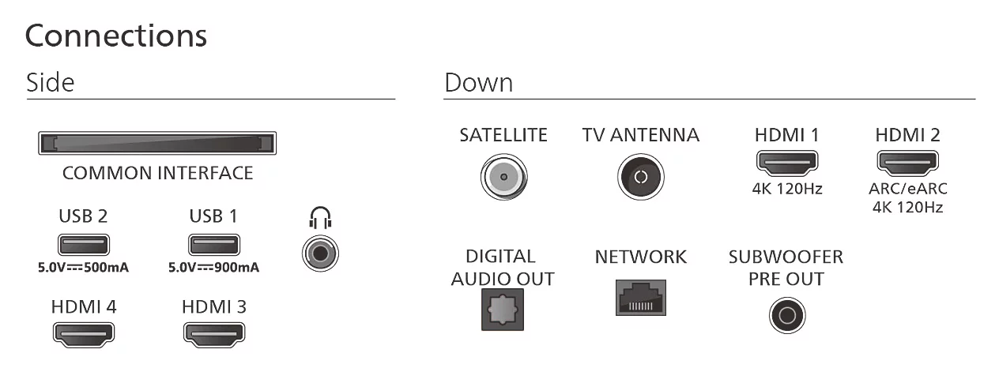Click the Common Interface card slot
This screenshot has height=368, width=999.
157,143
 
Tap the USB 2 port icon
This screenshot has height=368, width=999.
84,245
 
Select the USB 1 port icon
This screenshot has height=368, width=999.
214,245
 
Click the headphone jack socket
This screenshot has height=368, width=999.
320,253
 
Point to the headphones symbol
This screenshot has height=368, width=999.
320,217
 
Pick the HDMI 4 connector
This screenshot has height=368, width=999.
84,335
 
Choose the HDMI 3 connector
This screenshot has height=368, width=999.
214,335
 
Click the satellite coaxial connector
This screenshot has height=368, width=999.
504,177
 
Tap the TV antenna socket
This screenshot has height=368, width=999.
641,177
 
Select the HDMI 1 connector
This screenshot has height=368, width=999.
787,163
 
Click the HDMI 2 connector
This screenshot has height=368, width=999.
908,163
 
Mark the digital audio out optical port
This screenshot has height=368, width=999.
503,310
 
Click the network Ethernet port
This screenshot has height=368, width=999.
641,298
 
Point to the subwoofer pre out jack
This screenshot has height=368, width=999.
787,315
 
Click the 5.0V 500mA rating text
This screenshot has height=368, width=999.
84,267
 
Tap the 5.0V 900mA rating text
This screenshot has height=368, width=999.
213,267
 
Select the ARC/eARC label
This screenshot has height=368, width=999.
908,189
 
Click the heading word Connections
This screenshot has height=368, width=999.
116,36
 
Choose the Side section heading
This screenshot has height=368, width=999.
51,82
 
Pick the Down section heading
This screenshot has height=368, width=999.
479,82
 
